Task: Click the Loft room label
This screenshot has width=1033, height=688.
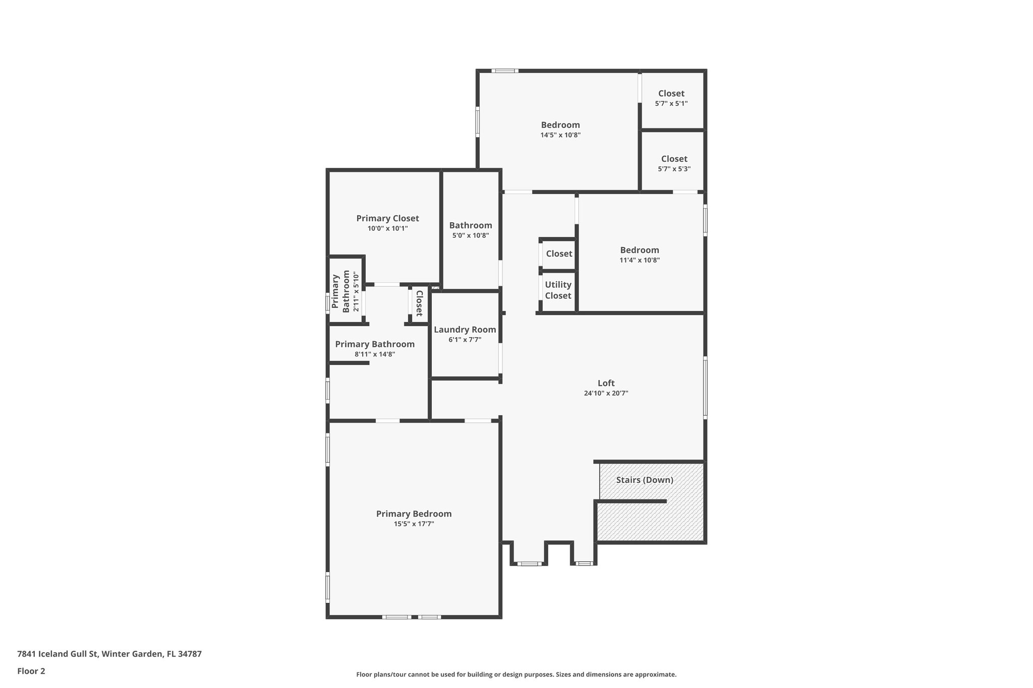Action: click(606, 383)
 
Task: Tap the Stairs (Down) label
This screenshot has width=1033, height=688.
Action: click(645, 480)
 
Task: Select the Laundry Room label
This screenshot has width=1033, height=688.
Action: click(465, 330)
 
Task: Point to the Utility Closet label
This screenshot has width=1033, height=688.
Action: click(558, 290)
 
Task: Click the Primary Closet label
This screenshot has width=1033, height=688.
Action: click(387, 218)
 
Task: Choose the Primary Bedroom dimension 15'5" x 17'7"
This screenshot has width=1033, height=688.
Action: click(414, 524)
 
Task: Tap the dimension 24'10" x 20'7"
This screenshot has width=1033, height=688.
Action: click(606, 393)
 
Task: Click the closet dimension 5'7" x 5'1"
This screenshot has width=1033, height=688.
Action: click(671, 103)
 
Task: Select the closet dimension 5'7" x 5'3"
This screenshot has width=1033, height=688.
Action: click(674, 169)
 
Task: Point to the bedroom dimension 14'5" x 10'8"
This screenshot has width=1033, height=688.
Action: click(560, 135)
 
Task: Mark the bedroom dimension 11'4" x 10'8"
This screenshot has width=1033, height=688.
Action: click(640, 260)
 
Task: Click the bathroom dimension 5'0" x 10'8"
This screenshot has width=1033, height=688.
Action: click(471, 235)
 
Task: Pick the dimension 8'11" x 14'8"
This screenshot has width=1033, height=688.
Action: click(375, 354)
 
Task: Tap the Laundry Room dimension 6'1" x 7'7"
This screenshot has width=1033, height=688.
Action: click(465, 340)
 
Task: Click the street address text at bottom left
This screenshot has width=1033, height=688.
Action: click(109, 654)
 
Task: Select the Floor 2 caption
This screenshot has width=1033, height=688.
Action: click(31, 671)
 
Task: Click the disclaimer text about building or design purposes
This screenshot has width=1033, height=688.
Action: click(516, 674)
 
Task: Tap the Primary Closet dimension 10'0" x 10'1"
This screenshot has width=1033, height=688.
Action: click(387, 228)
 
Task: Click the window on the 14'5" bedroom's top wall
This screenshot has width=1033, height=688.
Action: click(505, 71)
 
